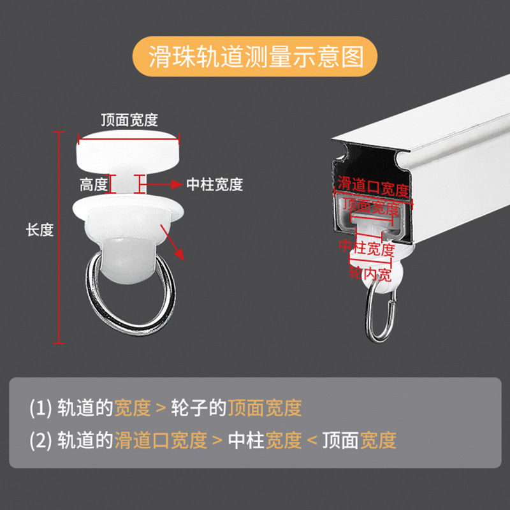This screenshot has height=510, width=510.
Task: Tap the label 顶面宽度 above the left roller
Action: pos(129,120)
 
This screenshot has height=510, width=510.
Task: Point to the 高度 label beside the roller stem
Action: pos(94,185)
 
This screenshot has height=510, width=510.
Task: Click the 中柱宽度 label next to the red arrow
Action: pos(215,185)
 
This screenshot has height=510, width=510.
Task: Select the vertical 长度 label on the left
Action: pos(40,231)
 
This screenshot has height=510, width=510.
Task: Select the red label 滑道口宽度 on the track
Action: pos(373,189)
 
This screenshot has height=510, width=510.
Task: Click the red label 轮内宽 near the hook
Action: pos(369,275)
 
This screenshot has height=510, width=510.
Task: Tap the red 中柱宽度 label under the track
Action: pos(367,248)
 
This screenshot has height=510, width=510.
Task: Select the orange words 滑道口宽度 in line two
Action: pos(161,440)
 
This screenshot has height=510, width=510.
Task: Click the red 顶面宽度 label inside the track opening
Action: pos(370,207)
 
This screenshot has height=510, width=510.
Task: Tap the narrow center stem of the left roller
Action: pos(124,184)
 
